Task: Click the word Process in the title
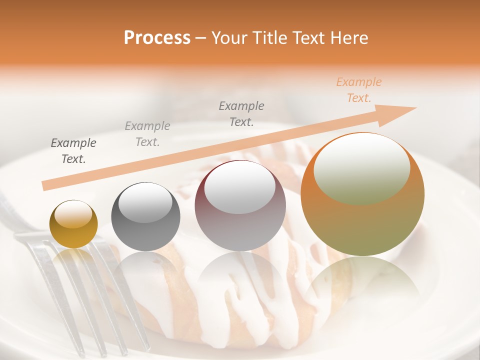click(x=157, y=38)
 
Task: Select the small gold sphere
click(x=73, y=224)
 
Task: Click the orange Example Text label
click(x=358, y=90)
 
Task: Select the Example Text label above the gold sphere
click(x=73, y=151)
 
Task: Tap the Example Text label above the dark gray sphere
click(x=147, y=134)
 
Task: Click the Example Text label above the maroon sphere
click(x=241, y=113)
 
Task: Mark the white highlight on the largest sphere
click(x=362, y=167)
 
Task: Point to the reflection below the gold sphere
click(x=73, y=260)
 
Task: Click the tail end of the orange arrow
click(x=46, y=185)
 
